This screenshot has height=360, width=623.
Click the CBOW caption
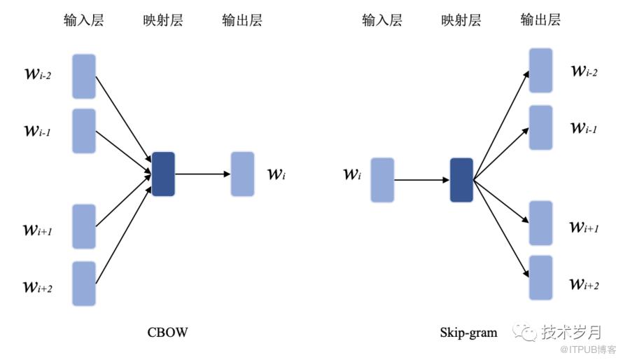tap(167, 331)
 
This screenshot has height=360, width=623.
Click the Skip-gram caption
tap(468, 331)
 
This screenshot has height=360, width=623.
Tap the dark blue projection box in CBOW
tap(163, 174)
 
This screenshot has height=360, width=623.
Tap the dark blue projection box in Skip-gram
tap(461, 180)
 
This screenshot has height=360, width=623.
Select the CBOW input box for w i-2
tap(84, 76)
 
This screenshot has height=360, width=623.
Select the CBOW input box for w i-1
tap(84, 131)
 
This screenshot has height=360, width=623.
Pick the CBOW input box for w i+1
tap(84, 226)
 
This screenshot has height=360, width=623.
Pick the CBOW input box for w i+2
tap(84, 284)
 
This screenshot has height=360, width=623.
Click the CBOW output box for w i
tap(242, 174)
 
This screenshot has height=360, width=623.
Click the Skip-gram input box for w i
tap(382, 180)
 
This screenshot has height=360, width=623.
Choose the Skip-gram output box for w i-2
tap(541, 71)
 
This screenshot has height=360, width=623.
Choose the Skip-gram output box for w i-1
tap(541, 127)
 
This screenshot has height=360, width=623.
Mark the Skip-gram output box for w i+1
tap(541, 223)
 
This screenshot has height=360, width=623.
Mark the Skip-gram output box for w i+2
tap(541, 277)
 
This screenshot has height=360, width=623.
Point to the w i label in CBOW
tap(276, 174)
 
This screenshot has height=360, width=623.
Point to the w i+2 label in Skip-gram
tap(584, 283)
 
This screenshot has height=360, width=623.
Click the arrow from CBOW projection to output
tap(203, 174)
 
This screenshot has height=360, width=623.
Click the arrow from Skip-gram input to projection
tap(421, 180)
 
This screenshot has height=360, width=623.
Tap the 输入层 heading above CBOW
tap(83, 20)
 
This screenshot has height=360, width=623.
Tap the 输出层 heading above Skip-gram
tap(540, 20)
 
